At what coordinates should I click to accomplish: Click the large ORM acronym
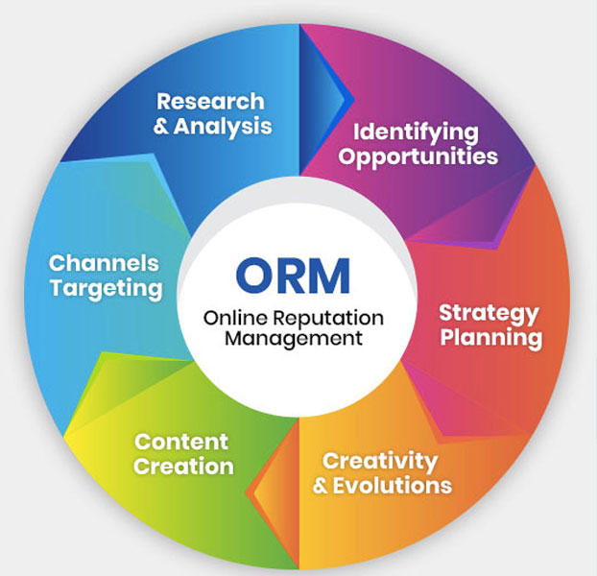[x=296, y=276]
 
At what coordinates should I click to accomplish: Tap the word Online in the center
[x=228, y=318]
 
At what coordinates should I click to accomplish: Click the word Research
[x=210, y=101]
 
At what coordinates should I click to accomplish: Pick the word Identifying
[x=416, y=132]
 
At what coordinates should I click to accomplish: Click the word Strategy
[x=489, y=313]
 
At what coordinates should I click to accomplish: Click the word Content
[x=181, y=443]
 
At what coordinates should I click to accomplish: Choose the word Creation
[x=183, y=468]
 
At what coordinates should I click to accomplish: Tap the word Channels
[x=104, y=263]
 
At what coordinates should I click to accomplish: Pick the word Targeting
[x=106, y=287]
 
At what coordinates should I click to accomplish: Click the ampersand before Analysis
[x=161, y=126]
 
